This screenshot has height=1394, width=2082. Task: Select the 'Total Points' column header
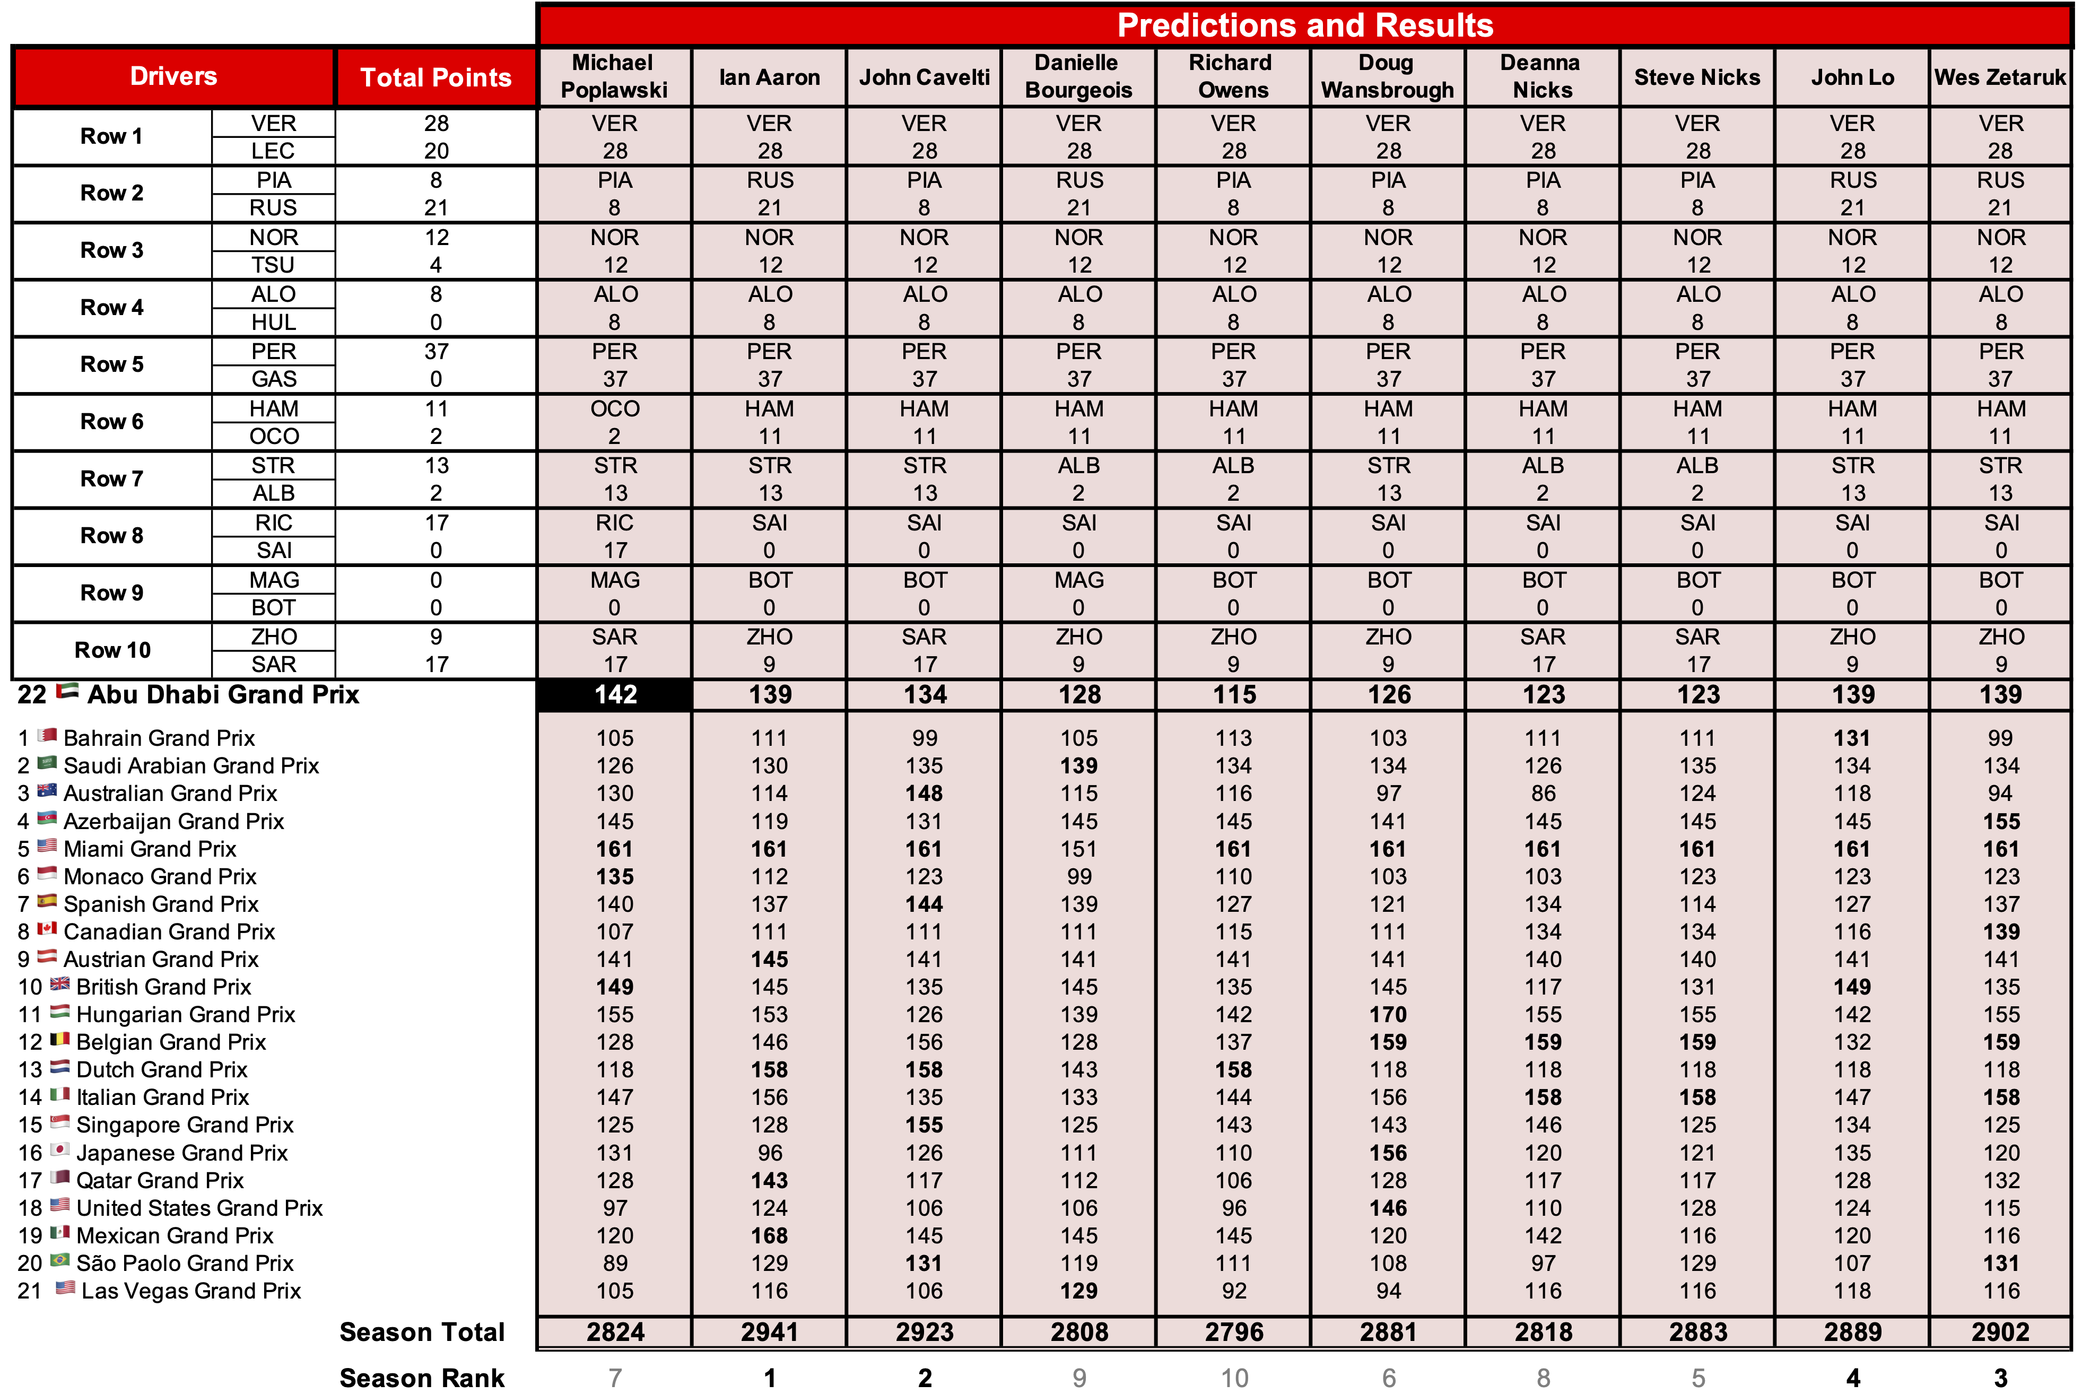[x=435, y=77]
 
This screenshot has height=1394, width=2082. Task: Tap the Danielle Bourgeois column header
[x=1078, y=76]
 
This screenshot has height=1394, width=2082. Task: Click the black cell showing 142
[x=615, y=694]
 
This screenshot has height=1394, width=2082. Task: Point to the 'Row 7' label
[x=112, y=479]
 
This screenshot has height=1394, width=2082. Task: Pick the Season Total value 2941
[x=769, y=1332]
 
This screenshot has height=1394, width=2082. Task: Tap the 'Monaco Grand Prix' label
[x=160, y=877]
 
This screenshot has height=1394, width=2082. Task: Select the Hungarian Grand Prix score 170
[x=1388, y=1014]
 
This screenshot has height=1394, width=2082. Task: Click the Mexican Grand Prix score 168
[x=769, y=1236]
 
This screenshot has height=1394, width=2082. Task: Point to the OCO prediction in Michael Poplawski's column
[x=615, y=409]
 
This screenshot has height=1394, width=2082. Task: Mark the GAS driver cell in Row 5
[x=274, y=380]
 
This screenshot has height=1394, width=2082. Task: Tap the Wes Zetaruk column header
[x=2000, y=77]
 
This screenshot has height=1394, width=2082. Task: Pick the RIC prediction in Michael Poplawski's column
[x=615, y=523]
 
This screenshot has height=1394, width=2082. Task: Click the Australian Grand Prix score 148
[x=925, y=793]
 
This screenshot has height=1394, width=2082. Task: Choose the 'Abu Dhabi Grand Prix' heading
[x=223, y=694]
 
